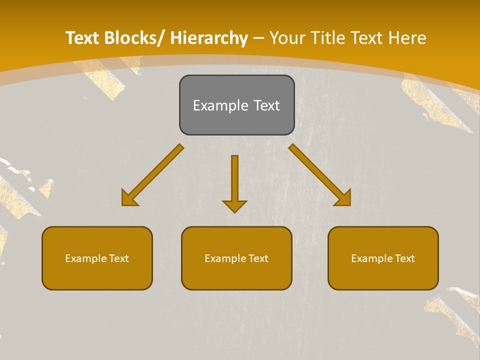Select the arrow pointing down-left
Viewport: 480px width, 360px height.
click(x=152, y=175)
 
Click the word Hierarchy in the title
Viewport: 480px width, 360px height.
click(x=209, y=38)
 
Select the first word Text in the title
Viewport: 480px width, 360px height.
click(x=83, y=38)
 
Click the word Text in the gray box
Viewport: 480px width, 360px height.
click(x=266, y=105)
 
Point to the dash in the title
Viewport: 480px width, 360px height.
click(x=258, y=38)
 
